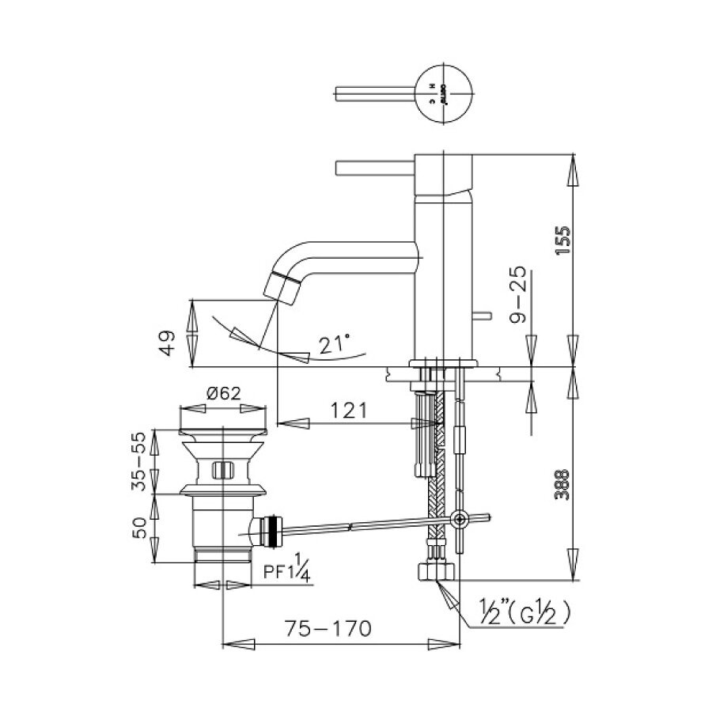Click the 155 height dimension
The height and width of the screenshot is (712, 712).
[562, 240]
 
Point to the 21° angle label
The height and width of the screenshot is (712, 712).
[335, 344]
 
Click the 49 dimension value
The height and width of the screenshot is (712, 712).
[166, 343]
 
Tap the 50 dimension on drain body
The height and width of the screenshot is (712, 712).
[141, 528]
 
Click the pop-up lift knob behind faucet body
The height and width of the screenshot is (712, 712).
[479, 317]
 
